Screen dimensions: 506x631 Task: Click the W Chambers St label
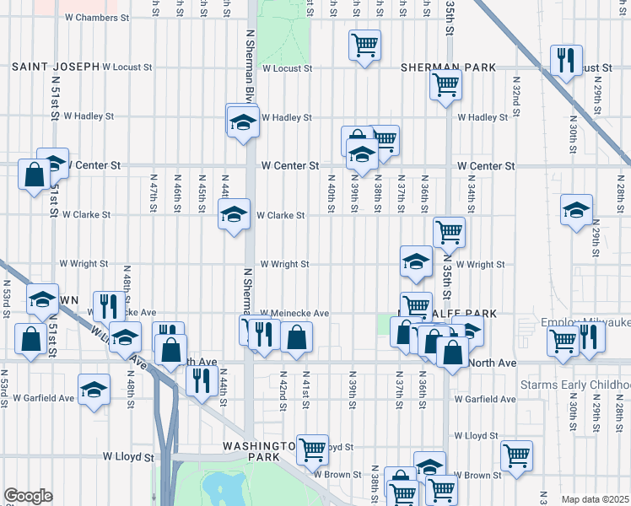[95, 17]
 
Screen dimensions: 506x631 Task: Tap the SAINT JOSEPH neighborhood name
[55, 66]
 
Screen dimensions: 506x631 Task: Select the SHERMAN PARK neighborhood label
[438, 66]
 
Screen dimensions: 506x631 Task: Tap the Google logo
[28, 496]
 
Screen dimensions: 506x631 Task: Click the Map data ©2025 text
[595, 499]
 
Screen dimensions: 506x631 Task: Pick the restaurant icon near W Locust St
[564, 61]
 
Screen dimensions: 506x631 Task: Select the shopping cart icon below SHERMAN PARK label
[445, 83]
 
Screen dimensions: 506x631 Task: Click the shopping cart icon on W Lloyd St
[313, 449]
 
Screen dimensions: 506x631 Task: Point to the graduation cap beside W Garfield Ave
[94, 389]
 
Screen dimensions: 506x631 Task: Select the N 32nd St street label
[515, 92]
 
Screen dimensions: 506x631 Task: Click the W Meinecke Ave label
[294, 313]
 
